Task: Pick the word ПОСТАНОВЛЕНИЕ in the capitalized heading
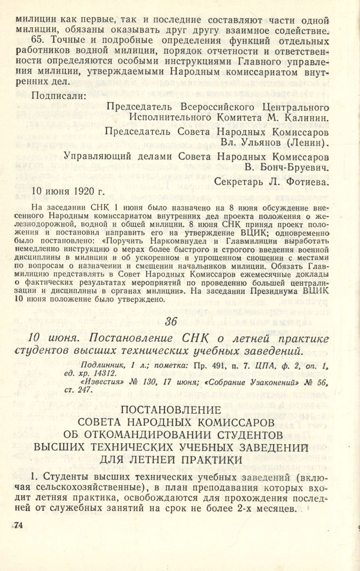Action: pyautogui.click(x=179, y=409)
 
